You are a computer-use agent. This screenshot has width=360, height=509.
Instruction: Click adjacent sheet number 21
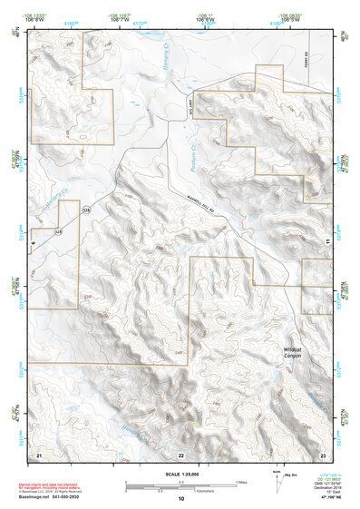click(x=38, y=453)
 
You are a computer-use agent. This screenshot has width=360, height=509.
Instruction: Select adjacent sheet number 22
click(x=180, y=454)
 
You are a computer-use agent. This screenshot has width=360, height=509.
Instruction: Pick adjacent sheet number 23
click(x=323, y=453)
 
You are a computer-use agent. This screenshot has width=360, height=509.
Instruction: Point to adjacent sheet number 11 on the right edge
click(x=326, y=240)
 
